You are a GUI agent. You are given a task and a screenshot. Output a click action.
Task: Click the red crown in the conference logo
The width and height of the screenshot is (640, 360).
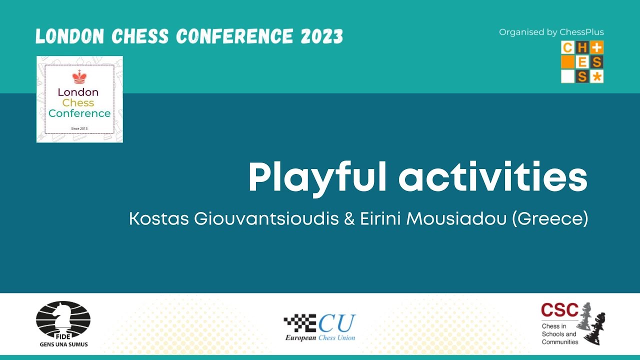pos(79,77)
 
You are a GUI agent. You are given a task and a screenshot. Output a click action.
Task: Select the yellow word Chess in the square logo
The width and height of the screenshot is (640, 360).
pos(78,102)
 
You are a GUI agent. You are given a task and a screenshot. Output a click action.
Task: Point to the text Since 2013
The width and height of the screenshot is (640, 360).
pos(79,128)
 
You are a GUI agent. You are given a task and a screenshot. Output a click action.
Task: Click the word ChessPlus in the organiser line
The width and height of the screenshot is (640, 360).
pos(581,32)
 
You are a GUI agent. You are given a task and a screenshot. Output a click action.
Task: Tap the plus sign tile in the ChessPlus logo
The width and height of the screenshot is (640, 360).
pos(597,47)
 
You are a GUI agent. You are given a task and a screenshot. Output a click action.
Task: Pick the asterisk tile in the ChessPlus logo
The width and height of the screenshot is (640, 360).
pos(597,76)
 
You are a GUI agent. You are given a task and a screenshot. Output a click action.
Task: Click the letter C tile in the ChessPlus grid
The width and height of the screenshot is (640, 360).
pos(567,47)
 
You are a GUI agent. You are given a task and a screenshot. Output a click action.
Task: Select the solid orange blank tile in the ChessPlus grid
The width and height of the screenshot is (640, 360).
pos(567,62)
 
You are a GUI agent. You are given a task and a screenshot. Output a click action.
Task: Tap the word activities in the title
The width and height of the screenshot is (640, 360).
pos(494,178)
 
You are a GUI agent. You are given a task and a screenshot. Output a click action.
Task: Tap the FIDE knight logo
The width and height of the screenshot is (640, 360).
pos(63,320)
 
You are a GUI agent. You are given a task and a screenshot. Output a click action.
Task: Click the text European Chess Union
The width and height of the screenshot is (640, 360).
pos(320,337)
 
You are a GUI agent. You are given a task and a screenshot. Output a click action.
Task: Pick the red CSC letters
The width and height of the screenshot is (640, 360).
pos(559,310)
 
